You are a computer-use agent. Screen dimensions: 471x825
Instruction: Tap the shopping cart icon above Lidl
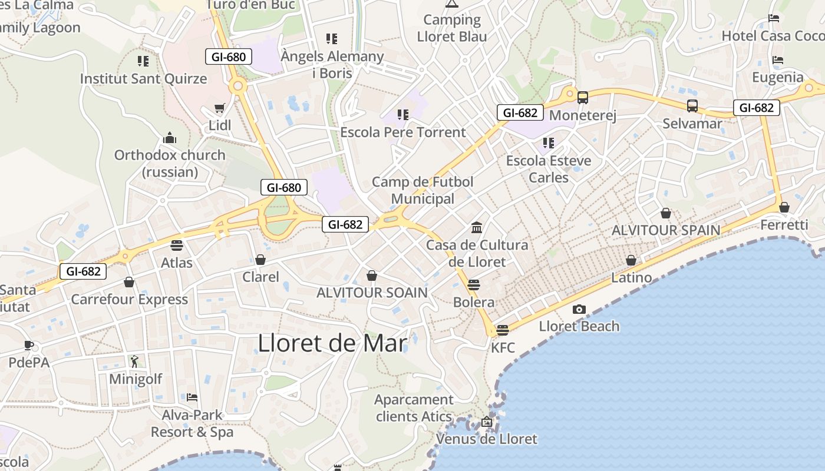220,108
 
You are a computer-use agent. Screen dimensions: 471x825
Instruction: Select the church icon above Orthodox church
170,138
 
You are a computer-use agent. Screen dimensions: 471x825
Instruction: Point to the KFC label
503,347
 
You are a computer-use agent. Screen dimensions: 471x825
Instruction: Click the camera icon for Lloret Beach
579,309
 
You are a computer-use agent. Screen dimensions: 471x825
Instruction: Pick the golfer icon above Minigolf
135,361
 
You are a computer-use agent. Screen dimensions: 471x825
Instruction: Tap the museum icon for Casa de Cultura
477,227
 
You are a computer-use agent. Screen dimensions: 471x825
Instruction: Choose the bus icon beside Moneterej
583,98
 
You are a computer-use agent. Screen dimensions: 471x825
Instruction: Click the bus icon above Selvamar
692,106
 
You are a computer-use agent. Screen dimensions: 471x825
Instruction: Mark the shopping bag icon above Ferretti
784,207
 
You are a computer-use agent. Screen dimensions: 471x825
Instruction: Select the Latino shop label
631,277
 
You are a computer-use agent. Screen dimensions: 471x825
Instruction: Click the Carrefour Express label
129,299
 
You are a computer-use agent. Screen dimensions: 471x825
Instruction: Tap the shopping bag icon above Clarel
260,259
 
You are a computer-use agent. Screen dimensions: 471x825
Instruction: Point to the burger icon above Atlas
177,245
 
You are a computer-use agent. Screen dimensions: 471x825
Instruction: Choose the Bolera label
474,302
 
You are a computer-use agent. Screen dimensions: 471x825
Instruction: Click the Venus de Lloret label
487,439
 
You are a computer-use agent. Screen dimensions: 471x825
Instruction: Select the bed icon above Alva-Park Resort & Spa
192,397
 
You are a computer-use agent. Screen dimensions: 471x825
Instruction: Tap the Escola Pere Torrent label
403,132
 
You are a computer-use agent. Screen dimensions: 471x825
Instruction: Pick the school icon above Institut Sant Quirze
143,61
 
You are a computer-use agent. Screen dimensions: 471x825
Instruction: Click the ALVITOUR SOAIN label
372,293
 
